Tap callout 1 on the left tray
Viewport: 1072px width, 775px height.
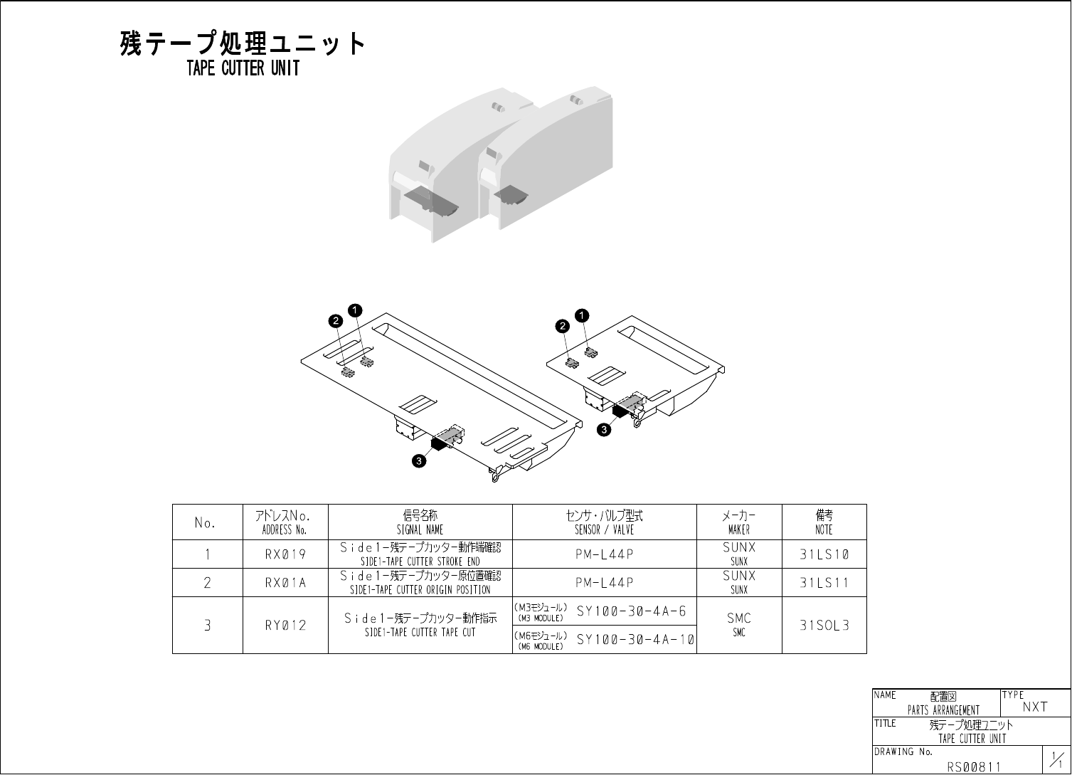coord(355,310)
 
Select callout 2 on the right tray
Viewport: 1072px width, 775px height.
coord(563,326)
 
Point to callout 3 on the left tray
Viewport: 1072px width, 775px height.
coord(420,461)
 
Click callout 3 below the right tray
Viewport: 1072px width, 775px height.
coord(604,429)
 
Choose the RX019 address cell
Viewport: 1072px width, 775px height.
coord(285,554)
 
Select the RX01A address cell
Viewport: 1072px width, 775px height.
coord(285,583)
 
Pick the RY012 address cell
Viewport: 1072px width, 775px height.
coord(285,626)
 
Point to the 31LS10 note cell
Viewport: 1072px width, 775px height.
coord(824,554)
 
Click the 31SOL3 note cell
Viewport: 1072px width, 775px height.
coord(824,626)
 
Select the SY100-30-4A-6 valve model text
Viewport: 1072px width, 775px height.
coord(632,611)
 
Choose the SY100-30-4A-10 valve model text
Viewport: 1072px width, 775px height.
coord(635,640)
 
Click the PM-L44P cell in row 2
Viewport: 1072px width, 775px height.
coord(604,583)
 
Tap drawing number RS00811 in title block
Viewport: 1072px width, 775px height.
coord(974,766)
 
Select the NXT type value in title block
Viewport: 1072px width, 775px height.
coord(1035,707)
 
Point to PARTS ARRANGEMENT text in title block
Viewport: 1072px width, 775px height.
coord(943,710)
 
